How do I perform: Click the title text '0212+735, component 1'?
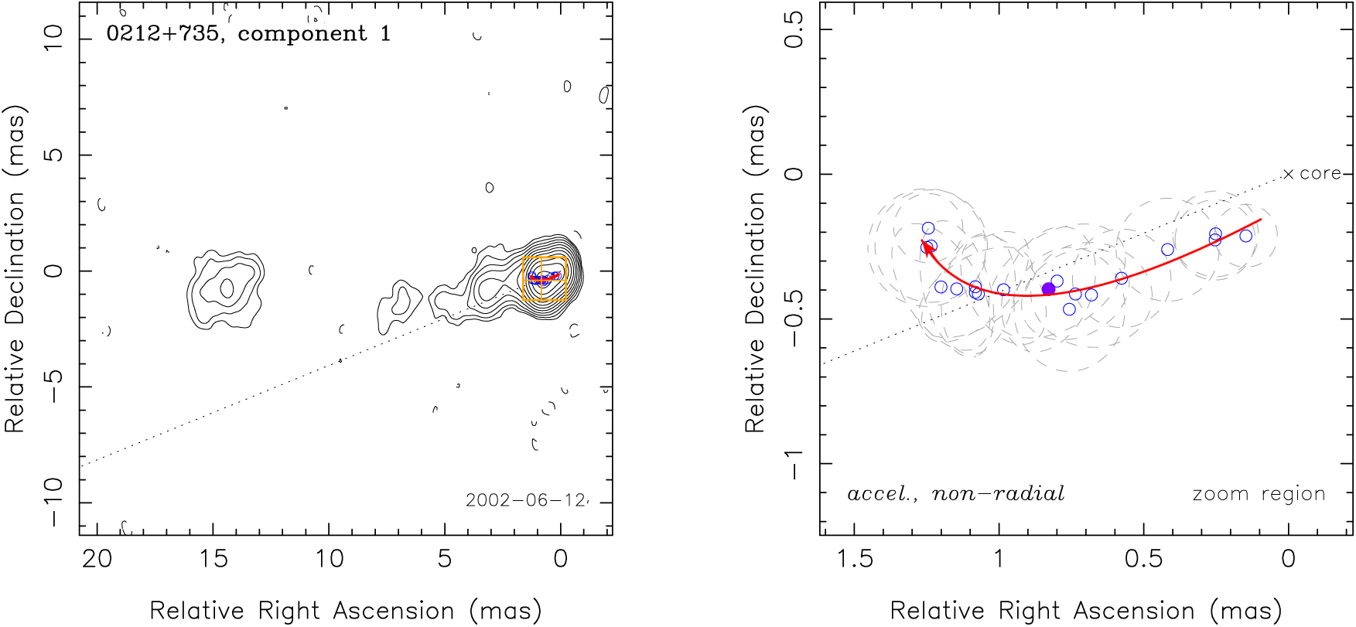248,34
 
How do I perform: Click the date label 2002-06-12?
525,500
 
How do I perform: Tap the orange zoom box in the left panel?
545,278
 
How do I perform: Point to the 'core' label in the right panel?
1320,173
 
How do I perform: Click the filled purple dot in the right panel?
1048,289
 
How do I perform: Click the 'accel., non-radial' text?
956,493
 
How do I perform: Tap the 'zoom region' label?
1259,494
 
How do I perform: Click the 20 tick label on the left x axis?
97,558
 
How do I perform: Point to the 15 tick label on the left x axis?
213,558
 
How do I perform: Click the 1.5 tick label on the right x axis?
854,558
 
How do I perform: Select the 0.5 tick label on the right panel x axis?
1143,558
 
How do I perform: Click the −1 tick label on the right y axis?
794,464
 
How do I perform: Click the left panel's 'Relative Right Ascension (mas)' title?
346,611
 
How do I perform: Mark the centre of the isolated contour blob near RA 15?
226,289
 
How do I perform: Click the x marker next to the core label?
1288,174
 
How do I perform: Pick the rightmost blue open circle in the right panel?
1245,236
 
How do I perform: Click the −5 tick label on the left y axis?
53,386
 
